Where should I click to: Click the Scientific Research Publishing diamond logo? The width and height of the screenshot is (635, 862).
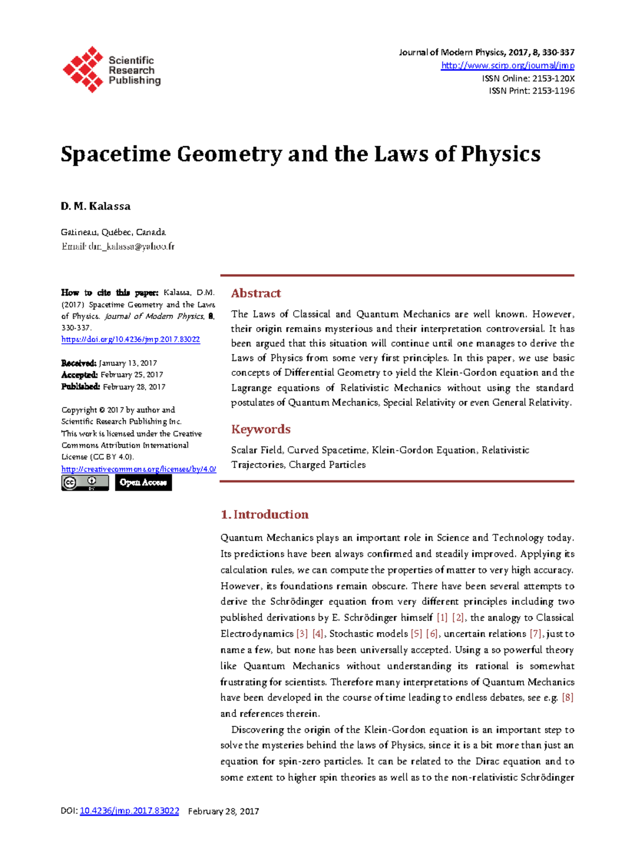pyautogui.click(x=83, y=69)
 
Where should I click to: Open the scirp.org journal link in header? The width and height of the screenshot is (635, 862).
pyautogui.click(x=507, y=66)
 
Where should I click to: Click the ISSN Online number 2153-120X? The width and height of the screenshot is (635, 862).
pyautogui.click(x=553, y=78)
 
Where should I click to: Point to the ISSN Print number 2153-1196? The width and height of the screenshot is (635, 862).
pyautogui.click(x=553, y=91)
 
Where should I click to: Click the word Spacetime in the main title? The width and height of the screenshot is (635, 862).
pyautogui.click(x=116, y=154)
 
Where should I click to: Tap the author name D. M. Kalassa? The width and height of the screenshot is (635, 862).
pyautogui.click(x=96, y=206)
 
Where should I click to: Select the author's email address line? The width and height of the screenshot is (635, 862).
pyautogui.click(x=117, y=246)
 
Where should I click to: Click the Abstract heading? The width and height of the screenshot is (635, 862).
pyautogui.click(x=256, y=293)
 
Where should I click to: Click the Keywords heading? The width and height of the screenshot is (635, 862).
pyautogui.click(x=260, y=429)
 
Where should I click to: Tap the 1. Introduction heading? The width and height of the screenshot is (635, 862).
pyautogui.click(x=264, y=515)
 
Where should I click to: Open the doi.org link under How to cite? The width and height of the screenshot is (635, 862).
pyautogui.click(x=130, y=339)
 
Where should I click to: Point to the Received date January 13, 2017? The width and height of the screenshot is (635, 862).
pyautogui.click(x=128, y=363)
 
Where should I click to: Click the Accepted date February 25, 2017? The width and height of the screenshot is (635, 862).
pyautogui.click(x=131, y=375)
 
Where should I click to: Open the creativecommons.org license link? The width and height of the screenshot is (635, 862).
pyautogui.click(x=138, y=469)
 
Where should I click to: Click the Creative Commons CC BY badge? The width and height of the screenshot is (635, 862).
pyautogui.click(x=85, y=482)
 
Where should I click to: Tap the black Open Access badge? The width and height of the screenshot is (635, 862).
pyautogui.click(x=143, y=482)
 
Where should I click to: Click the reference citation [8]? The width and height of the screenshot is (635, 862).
pyautogui.click(x=567, y=698)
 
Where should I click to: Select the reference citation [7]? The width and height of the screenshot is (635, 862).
pyautogui.click(x=536, y=634)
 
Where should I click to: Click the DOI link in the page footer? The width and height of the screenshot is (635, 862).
pyautogui.click(x=129, y=811)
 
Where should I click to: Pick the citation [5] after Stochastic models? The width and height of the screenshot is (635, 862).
pyautogui.click(x=416, y=634)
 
